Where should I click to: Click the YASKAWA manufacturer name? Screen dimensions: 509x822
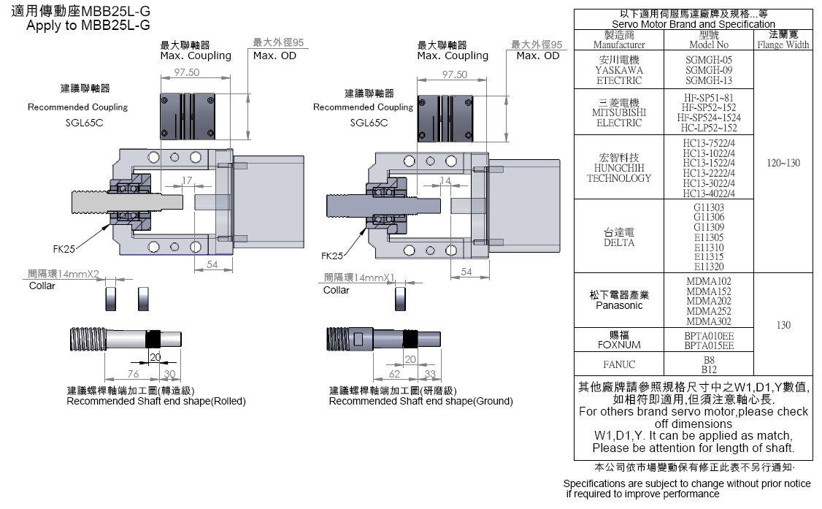pos(618,70)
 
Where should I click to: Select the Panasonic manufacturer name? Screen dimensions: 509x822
pos(618,305)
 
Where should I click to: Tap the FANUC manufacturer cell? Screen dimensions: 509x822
pos(618,364)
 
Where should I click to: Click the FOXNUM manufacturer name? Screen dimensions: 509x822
pos(618,345)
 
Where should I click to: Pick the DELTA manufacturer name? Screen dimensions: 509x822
pos(618,242)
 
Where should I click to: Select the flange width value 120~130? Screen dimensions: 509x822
pos(783,163)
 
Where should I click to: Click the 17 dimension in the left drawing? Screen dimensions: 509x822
pos(186,180)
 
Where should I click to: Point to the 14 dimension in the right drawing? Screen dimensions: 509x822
pos(445,180)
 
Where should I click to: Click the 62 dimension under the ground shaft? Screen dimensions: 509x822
pos(393,374)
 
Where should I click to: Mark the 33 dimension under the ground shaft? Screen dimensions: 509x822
pos(430,374)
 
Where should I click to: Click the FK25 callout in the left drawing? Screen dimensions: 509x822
pos(64,248)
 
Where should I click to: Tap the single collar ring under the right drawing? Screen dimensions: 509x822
pos(399,298)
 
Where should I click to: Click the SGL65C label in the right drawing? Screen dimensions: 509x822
pos(369,123)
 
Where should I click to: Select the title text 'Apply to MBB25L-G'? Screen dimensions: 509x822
pos(88,25)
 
